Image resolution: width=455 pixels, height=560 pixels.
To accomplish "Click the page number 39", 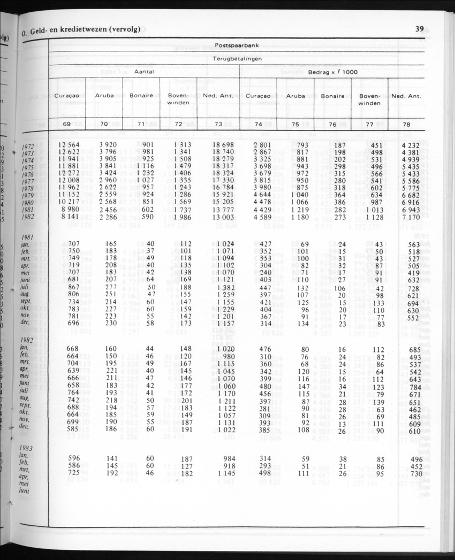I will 420,29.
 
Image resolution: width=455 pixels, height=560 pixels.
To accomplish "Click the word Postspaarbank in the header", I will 237,45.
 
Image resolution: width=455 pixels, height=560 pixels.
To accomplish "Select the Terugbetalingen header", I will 237,59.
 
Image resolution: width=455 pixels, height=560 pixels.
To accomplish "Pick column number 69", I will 67,124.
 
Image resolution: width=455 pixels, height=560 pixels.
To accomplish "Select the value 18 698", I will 223,144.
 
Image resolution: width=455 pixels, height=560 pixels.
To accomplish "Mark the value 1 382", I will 225,287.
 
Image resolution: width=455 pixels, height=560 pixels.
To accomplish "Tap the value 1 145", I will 225,473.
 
